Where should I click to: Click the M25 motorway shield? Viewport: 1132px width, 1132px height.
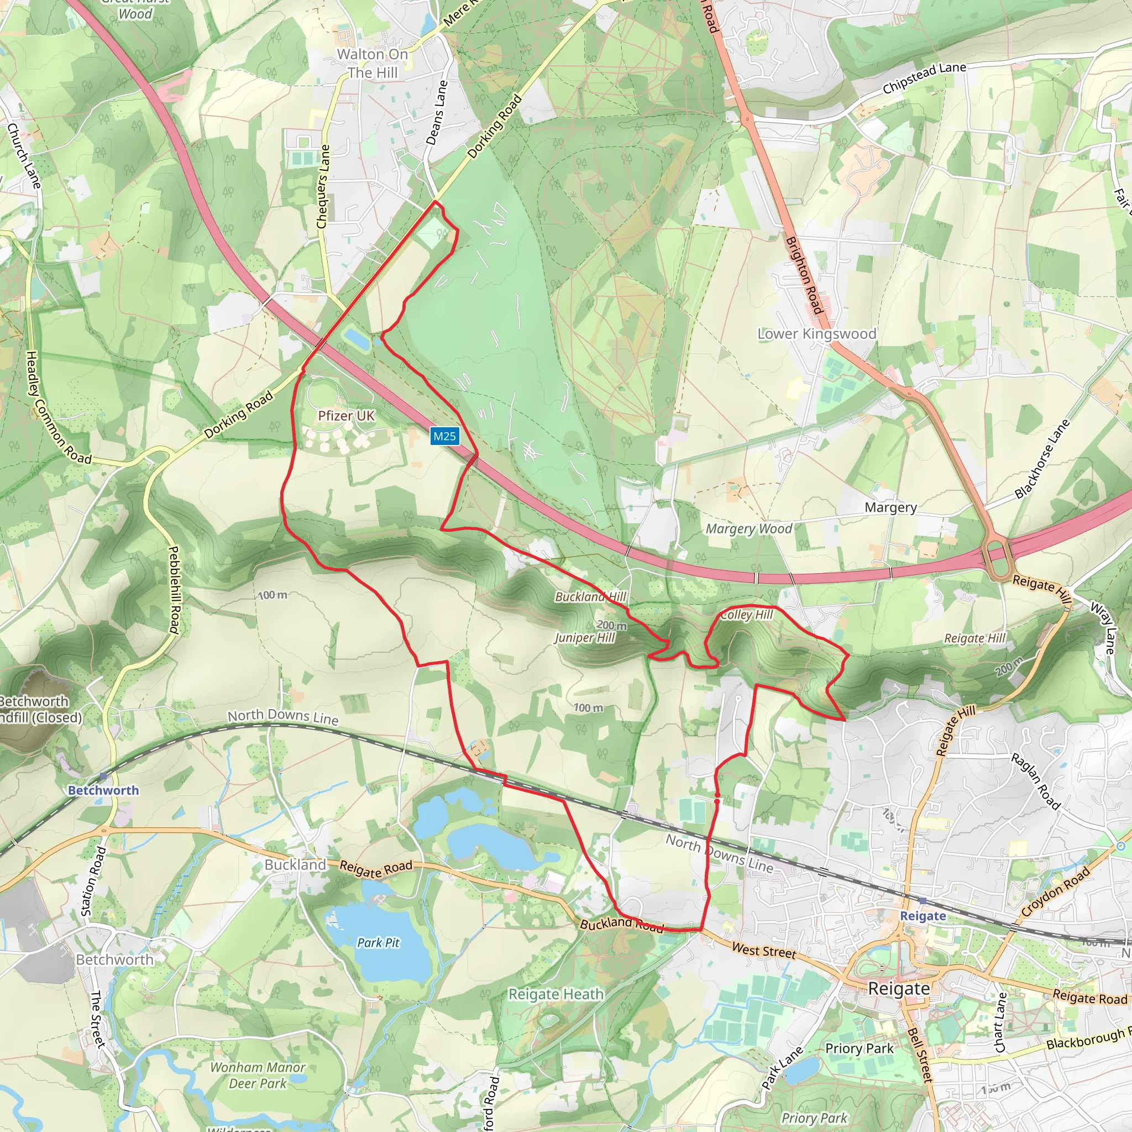pyautogui.click(x=444, y=436)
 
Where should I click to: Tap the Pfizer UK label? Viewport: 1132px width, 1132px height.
pyautogui.click(x=345, y=416)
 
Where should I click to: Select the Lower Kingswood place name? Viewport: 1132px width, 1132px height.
pyautogui.click(x=817, y=334)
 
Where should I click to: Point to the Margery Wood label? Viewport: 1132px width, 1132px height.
pyautogui.click(x=749, y=529)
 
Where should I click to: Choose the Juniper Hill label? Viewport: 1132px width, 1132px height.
pyautogui.click(x=585, y=637)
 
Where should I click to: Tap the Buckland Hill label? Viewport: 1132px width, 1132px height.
pyautogui.click(x=591, y=596)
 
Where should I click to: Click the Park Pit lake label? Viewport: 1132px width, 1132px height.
pyautogui.click(x=379, y=943)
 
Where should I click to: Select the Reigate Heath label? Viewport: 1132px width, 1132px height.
pyautogui.click(x=555, y=994)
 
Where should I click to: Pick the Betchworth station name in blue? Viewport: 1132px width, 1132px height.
pyautogui.click(x=104, y=790)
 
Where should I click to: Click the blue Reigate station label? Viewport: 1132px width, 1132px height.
pyautogui.click(x=923, y=916)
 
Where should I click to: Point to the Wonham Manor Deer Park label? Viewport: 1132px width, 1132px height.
pyautogui.click(x=258, y=1075)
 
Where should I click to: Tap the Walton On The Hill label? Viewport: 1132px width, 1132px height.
pyautogui.click(x=373, y=63)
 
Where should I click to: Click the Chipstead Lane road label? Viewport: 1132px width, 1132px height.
pyautogui.click(x=924, y=78)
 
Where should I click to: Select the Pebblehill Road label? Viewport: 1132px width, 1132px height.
pyautogui.click(x=174, y=589)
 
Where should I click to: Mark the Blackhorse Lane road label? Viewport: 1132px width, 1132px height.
pyautogui.click(x=1042, y=459)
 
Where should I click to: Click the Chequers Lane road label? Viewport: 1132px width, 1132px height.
pyautogui.click(x=323, y=186)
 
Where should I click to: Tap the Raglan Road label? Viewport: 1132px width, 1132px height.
pyautogui.click(x=1036, y=782)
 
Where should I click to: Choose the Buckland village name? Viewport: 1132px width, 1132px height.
pyautogui.click(x=295, y=865)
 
